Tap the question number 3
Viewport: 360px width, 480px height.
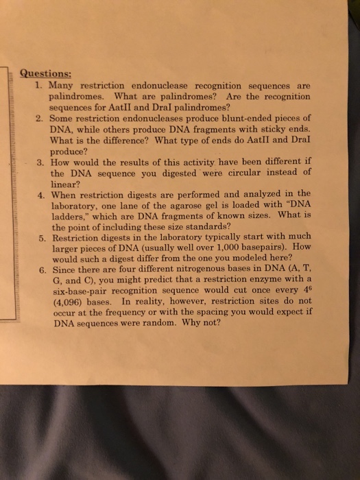pos(41,163)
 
